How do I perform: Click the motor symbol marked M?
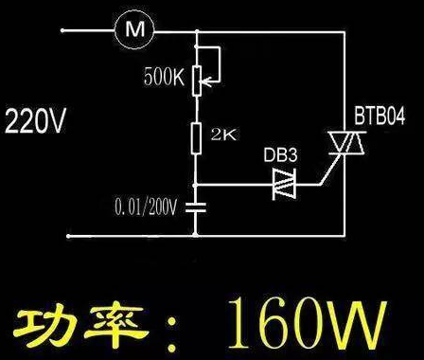pos(132,29)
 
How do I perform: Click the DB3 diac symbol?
pos(281,183)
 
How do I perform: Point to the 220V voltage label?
pos(35,122)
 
